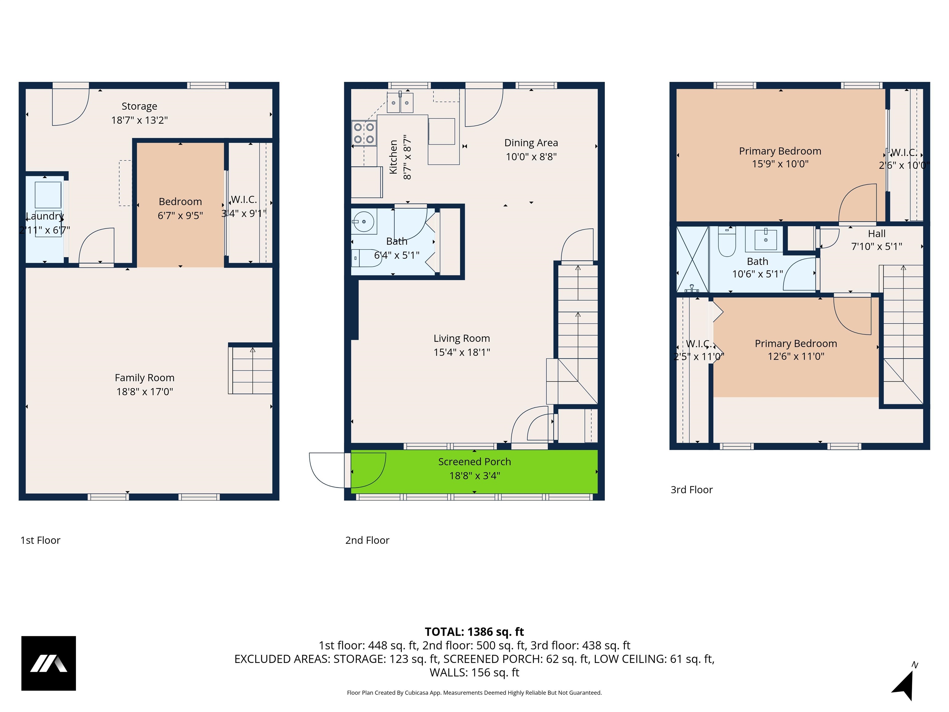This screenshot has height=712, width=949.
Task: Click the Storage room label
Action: (139, 106)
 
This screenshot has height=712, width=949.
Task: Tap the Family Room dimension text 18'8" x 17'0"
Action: (145, 392)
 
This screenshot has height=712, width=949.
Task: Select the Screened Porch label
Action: (474, 462)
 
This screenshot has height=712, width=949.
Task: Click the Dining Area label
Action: (531, 143)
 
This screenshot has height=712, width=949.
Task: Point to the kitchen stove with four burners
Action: (364, 133)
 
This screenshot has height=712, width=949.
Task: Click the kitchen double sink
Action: (400, 103)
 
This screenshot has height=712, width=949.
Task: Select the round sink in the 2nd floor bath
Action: (363, 222)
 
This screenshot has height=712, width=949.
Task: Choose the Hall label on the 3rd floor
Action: (876, 234)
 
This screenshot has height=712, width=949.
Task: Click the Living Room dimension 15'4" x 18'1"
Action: (462, 352)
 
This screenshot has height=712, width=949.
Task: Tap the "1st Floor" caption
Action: (40, 540)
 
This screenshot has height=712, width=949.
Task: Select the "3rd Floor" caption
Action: (692, 490)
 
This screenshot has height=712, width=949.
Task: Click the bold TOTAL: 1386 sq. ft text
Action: (474, 632)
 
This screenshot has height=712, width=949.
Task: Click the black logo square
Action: (49, 663)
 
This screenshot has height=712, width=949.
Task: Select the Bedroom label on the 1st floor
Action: (180, 202)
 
